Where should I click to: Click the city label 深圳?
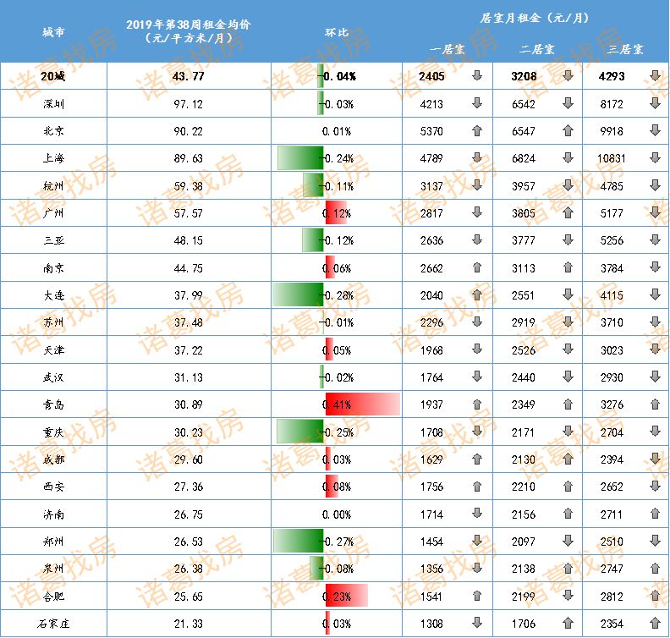pyautogui.click(x=53, y=104)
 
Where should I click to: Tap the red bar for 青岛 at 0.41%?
pyautogui.click(x=362, y=404)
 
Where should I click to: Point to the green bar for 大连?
pyautogui.click(x=298, y=295)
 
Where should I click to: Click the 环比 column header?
pyautogui.click(x=337, y=32)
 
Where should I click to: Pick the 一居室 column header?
pyautogui.click(x=446, y=49)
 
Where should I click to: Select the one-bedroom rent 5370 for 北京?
pyautogui.click(x=431, y=131)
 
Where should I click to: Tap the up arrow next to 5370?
pyautogui.click(x=477, y=131)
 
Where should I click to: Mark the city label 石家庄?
pyautogui.click(x=53, y=624)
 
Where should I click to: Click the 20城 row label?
pyautogui.click(x=53, y=77)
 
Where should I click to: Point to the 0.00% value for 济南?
pyautogui.click(x=337, y=514)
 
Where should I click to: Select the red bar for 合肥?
pyautogui.click(x=347, y=596)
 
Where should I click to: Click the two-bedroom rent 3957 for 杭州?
pyautogui.click(x=524, y=186)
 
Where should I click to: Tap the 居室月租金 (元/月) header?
pyautogui.click(x=535, y=17)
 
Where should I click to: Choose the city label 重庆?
pyautogui.click(x=53, y=432)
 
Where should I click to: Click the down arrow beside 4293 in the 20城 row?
pyautogui.click(x=655, y=77)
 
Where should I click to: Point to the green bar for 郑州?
pyautogui.click(x=299, y=541)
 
